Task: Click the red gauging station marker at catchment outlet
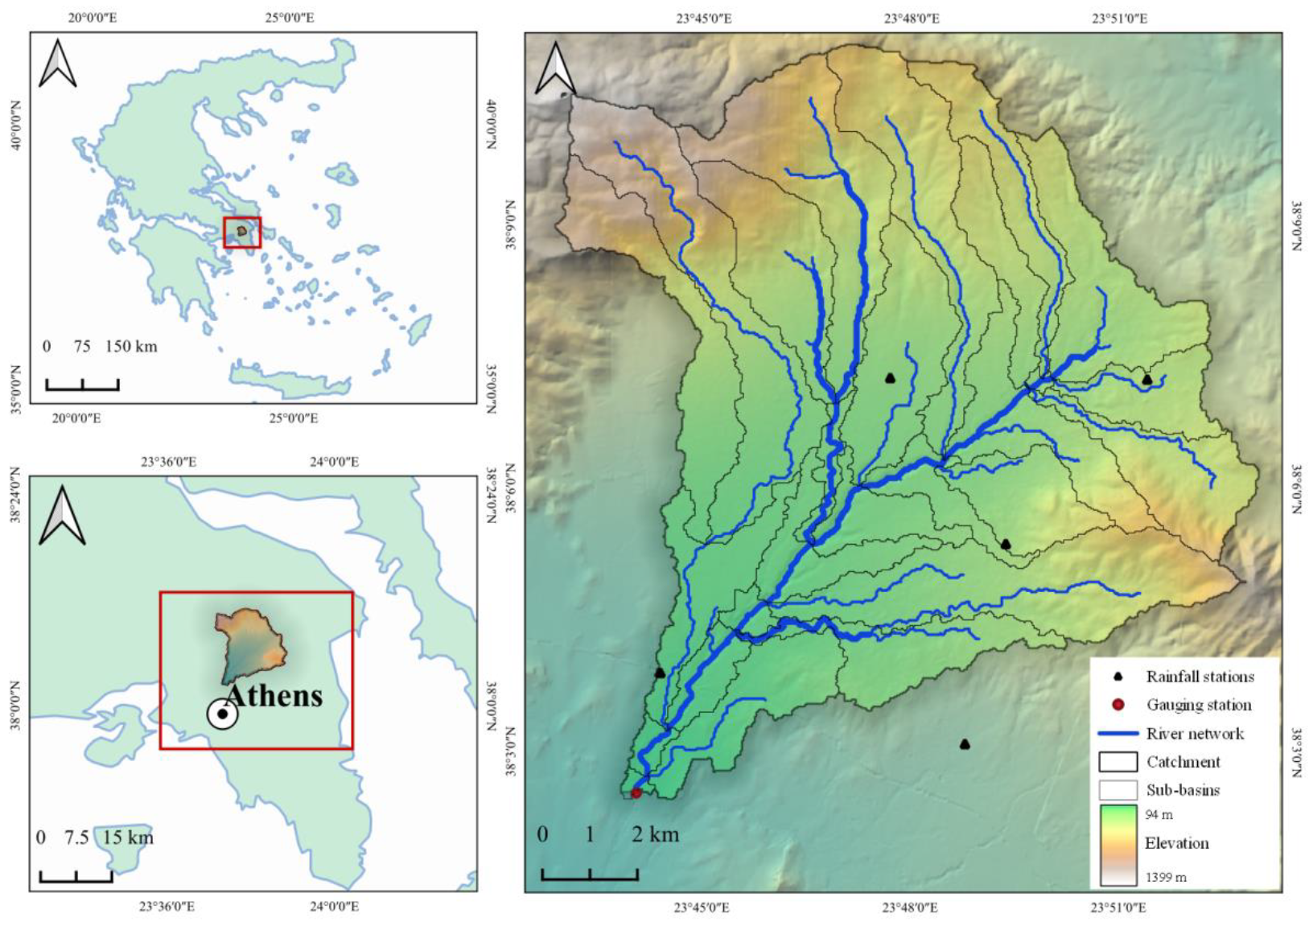click(x=636, y=793)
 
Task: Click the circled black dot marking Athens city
click(x=222, y=714)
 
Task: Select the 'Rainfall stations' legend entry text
click(x=1200, y=677)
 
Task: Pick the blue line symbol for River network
click(x=1118, y=734)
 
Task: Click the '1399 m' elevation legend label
click(x=1166, y=877)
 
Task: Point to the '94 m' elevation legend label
click(x=1159, y=815)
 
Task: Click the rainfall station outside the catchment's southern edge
click(x=965, y=745)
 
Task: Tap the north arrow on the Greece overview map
click(x=57, y=64)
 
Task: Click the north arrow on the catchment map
click(x=555, y=69)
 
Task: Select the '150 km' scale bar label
click(x=131, y=347)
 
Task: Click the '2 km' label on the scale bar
click(x=655, y=834)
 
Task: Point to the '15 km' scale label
click(x=128, y=838)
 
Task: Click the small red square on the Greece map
click(x=242, y=233)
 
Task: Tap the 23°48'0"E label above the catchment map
click(x=911, y=19)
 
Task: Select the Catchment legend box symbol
click(x=1118, y=762)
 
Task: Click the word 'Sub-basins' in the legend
click(x=1183, y=790)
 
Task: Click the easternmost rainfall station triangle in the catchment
click(x=1147, y=380)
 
